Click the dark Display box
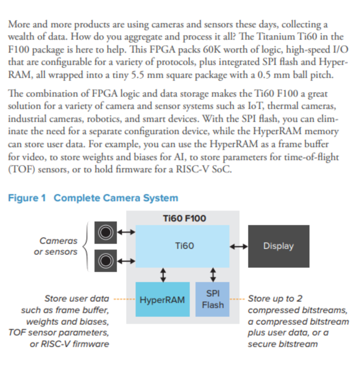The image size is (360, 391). pos(279,246)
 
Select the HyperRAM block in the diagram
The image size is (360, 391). pos(163,299)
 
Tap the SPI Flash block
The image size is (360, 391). pos(212,299)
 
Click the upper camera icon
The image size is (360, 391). pos(106,232)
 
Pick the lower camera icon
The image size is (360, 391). pos(106,261)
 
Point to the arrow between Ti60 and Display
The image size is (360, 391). pos(239,247)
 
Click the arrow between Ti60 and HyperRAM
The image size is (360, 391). pos(163,275)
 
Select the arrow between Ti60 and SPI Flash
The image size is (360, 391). pos(213,275)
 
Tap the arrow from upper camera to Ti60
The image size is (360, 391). pos(126,232)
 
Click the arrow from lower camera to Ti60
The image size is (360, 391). pos(126,261)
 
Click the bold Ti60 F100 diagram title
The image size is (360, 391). pos(184,219)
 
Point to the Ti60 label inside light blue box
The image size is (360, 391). pos(184,246)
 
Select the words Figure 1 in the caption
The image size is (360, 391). pos(27,198)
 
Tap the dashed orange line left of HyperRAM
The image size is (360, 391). pos(124,299)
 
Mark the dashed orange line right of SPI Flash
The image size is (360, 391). pos(237,299)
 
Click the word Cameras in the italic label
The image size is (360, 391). pos(58,241)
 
